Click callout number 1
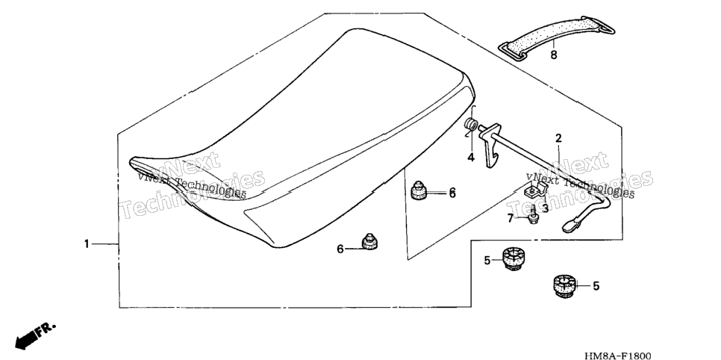(x=87, y=244)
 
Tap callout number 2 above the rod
(x=558, y=137)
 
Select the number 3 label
(x=545, y=208)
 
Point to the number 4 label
(x=471, y=158)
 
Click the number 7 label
(x=510, y=219)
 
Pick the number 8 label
(x=554, y=55)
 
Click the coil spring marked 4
(x=470, y=128)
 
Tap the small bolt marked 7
(x=533, y=215)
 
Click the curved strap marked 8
(x=556, y=36)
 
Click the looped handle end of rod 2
(x=581, y=217)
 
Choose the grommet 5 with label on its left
(x=512, y=258)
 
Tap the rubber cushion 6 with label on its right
(x=419, y=190)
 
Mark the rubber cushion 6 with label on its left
(x=369, y=242)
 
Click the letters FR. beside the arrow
(x=46, y=329)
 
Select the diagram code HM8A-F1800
(x=617, y=355)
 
